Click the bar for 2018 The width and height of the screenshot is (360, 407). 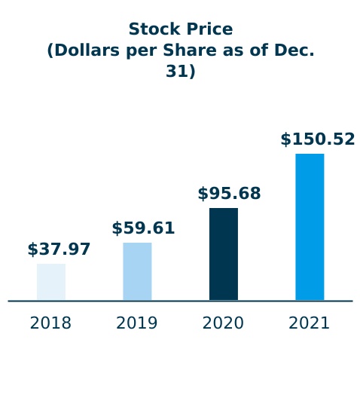[51, 282]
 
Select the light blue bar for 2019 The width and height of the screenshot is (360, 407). [137, 271]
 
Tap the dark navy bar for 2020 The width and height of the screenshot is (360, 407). [224, 254]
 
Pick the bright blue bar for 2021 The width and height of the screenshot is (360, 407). [310, 227]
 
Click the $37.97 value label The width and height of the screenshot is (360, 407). [59, 249]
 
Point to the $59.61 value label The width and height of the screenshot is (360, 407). [143, 228]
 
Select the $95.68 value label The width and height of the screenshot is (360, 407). [229, 194]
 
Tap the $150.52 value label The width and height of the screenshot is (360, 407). [317, 139]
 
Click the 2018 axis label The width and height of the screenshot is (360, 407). [50, 323]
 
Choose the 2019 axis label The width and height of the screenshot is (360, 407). [137, 323]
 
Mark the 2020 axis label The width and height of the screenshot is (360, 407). [223, 323]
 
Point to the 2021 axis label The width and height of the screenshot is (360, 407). [310, 323]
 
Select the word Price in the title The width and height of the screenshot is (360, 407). [208, 29]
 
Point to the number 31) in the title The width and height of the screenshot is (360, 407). [181, 72]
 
